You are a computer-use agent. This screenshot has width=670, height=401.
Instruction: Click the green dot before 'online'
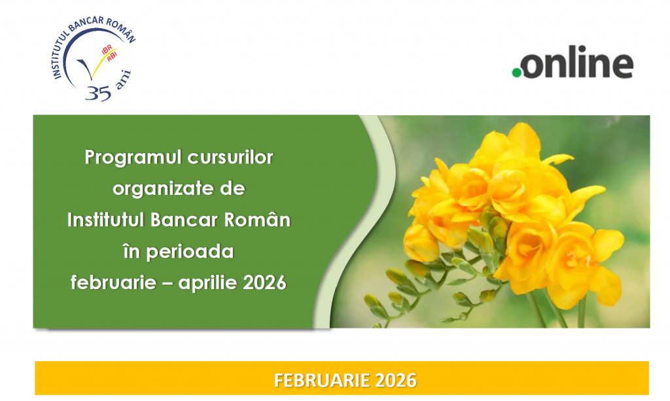[517, 73]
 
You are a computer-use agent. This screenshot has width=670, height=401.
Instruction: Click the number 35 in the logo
[98, 93]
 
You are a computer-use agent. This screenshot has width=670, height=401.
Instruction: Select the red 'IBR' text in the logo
[107, 49]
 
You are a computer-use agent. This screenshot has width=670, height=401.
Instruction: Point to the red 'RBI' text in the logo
[112, 56]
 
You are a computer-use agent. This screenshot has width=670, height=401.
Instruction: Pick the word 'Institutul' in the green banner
[106, 220]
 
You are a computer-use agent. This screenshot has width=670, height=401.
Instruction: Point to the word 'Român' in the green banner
[257, 220]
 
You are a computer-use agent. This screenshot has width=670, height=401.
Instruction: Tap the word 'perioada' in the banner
[190, 252]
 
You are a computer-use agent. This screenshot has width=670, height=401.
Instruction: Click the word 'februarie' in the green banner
[113, 283]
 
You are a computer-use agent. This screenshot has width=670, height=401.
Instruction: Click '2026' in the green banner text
[264, 283]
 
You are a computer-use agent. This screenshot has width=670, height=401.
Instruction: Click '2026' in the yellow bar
[396, 380]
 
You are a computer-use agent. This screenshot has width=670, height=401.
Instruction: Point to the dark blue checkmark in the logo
[87, 68]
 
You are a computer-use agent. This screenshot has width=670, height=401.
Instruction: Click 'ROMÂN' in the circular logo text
[121, 30]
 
